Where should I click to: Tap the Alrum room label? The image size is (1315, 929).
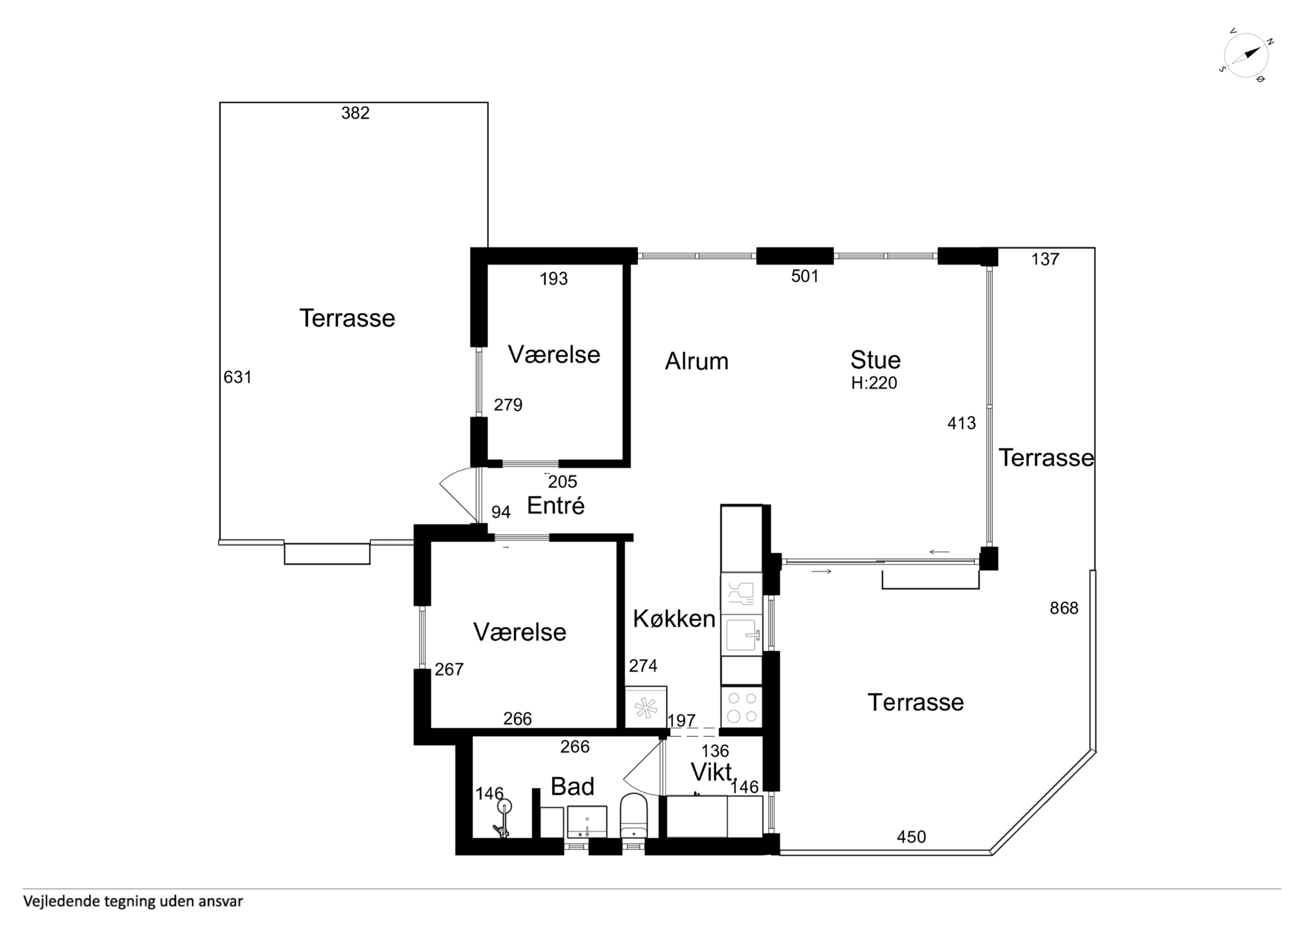(696, 361)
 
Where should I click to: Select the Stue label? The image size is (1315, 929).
(875, 360)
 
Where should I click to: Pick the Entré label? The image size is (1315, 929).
(556, 505)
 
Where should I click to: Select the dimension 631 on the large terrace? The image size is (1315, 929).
(238, 377)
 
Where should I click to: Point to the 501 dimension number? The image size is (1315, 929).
(804, 277)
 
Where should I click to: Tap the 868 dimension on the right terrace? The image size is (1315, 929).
(1064, 608)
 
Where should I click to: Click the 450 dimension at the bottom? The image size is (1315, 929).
(911, 837)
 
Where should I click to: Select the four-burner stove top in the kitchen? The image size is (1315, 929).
(742, 707)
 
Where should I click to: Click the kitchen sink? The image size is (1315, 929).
(742, 635)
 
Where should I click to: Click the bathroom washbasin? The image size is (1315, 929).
(587, 822)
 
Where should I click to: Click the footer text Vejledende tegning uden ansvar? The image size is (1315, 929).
(133, 901)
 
